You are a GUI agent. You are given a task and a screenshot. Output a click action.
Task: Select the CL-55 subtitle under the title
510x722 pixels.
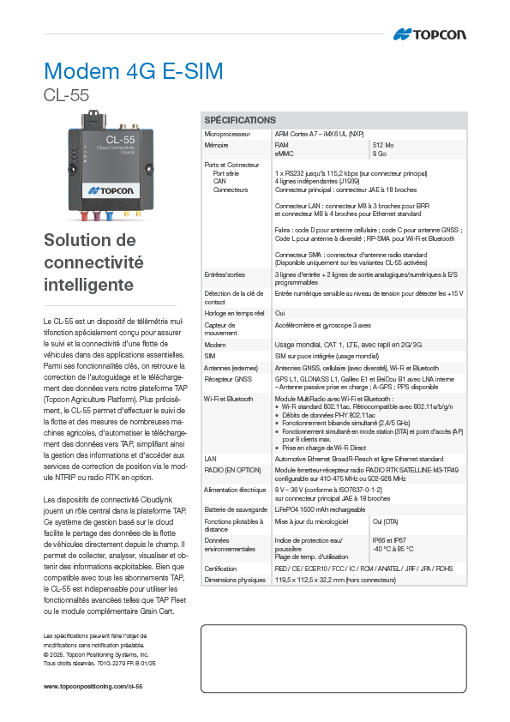coord(66,95)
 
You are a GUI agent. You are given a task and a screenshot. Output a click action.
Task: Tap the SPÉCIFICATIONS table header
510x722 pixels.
coord(240,120)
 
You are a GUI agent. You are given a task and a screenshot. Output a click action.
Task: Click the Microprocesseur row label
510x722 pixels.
coord(227,135)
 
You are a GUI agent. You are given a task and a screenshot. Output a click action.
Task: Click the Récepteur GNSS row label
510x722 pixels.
coord(229,377)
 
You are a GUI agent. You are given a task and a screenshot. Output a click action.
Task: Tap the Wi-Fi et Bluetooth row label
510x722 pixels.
coord(229,399)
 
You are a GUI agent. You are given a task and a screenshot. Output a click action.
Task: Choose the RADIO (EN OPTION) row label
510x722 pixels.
coord(233,470)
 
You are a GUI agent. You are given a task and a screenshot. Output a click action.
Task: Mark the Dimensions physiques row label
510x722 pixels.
coord(235,580)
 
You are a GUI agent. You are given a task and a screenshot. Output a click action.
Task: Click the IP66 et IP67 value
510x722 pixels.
coord(390,540)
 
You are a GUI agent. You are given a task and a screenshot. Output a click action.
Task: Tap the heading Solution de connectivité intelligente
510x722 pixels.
coord(93,262)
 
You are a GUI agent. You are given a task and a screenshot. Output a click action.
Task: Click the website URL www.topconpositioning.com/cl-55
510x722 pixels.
coord(93,687)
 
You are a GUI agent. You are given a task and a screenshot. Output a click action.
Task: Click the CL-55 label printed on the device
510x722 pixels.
coord(120,139)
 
